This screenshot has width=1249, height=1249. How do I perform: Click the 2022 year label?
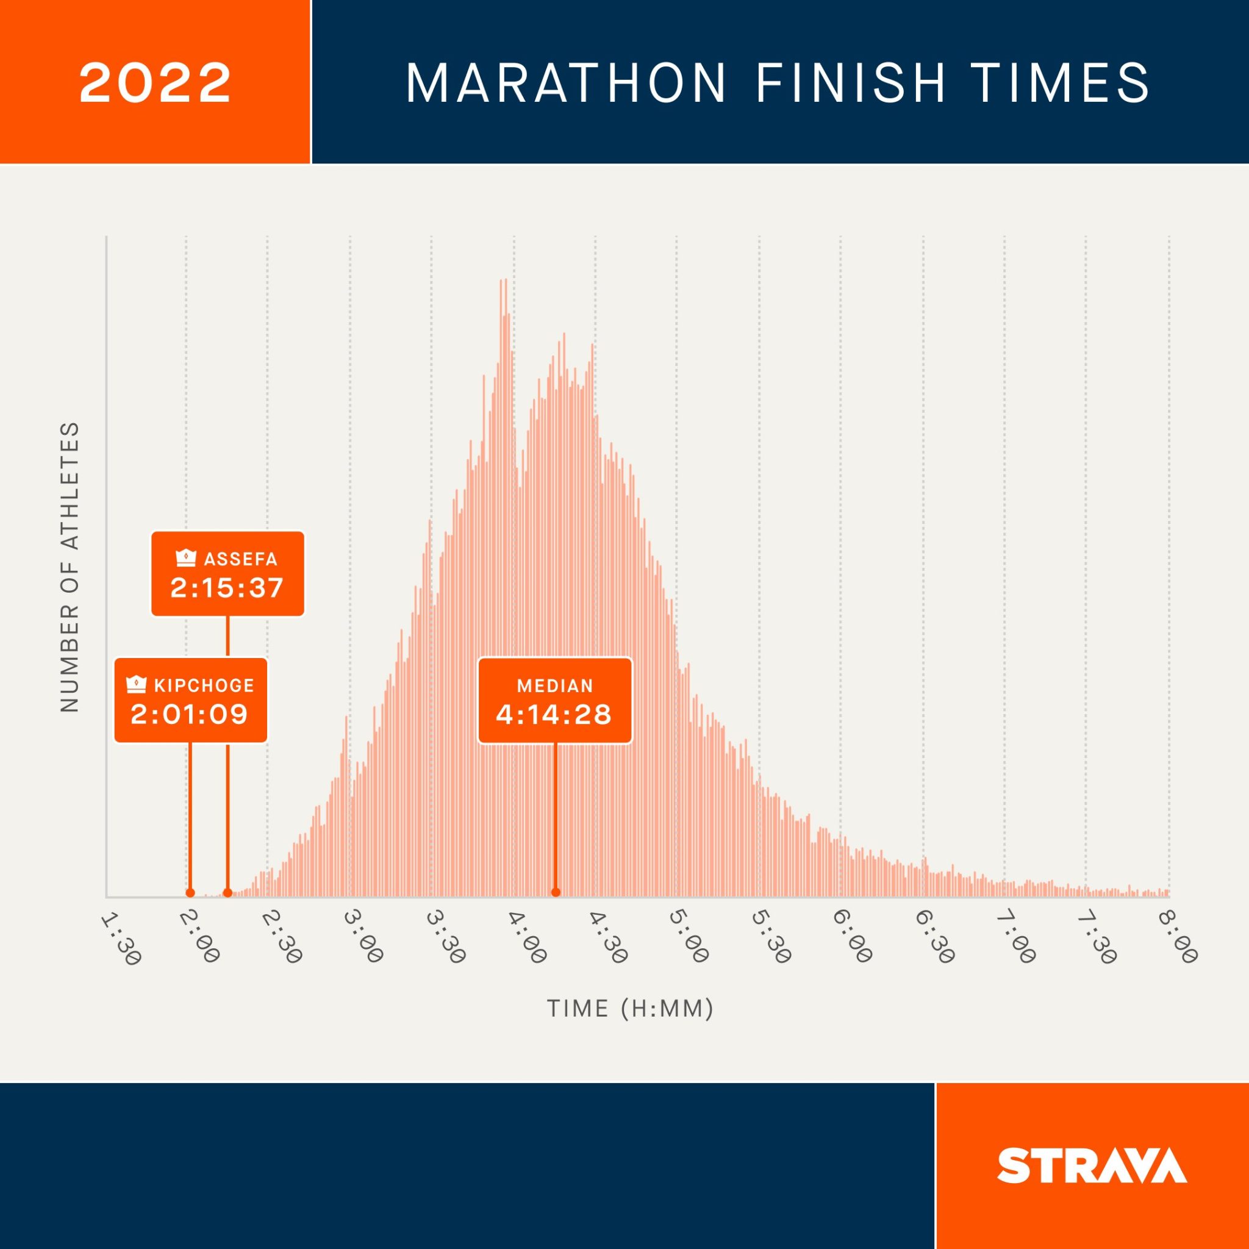pos(155,82)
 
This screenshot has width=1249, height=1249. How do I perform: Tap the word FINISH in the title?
pos(851,84)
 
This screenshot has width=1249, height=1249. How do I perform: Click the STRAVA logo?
pos(1092,1165)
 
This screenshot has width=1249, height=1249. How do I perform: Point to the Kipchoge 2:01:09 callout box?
pos(191,700)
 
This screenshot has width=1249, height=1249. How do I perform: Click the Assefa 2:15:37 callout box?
pos(227,573)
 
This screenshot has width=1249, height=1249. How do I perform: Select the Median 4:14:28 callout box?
pos(555,701)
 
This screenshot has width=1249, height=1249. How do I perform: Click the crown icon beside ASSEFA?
pos(186,557)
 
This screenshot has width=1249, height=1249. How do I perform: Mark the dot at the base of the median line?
pos(556,893)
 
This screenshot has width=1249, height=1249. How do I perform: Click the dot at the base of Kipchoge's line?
pos(190,893)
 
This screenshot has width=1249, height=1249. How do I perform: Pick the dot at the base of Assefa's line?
pos(227,893)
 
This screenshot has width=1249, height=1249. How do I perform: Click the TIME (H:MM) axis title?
pos(631,1009)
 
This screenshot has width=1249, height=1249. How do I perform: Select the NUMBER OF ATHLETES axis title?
pos(69,568)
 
